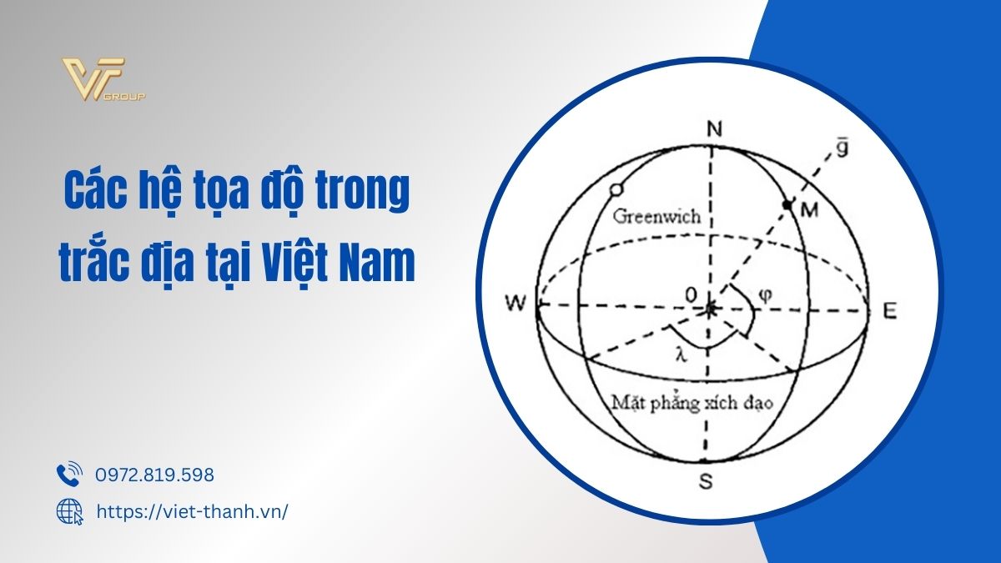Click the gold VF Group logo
point(103,79)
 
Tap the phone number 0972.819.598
point(154,475)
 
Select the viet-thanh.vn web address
point(192,511)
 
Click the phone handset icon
point(69,474)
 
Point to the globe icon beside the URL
point(70,511)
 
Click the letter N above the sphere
point(715,129)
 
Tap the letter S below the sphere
point(705,480)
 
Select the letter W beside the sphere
point(516,304)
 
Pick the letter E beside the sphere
point(890,310)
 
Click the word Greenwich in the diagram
point(656,217)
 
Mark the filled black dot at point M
point(787,204)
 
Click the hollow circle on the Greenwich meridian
point(616,189)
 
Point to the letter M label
point(809,209)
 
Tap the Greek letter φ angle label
point(766,295)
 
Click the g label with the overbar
point(842,148)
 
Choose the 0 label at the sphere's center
point(691,295)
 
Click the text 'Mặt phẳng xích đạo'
point(692,404)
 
